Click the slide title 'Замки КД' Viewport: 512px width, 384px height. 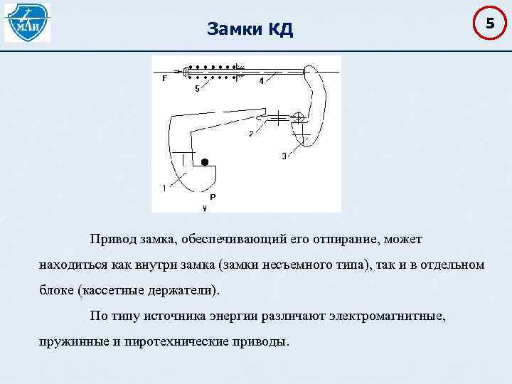click(250, 29)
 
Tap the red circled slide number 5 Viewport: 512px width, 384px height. click(489, 24)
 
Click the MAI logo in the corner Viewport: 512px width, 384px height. click(27, 22)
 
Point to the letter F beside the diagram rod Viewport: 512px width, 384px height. click(164, 78)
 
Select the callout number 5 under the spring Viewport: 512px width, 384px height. click(197, 89)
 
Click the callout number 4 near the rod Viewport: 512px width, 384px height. click(261, 81)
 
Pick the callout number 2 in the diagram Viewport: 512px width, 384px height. click(250, 133)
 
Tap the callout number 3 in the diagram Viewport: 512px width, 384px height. click(284, 156)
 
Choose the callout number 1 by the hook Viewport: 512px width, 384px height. click(164, 188)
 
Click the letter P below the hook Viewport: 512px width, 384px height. click(213, 196)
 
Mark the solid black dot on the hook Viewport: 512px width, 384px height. click(205, 162)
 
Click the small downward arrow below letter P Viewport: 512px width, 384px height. click(206, 208)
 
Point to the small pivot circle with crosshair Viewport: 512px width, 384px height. click(299, 117)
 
